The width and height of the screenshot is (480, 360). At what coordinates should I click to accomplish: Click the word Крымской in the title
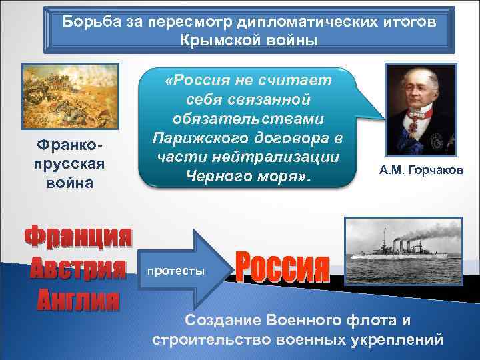(x=214, y=39)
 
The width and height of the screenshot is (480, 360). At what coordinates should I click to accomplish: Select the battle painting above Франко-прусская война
(x=70, y=97)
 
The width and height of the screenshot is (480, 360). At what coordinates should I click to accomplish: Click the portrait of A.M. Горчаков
(x=420, y=109)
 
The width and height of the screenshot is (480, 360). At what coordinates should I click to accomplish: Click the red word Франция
(x=78, y=237)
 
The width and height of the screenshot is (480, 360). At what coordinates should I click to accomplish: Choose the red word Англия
(x=78, y=299)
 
